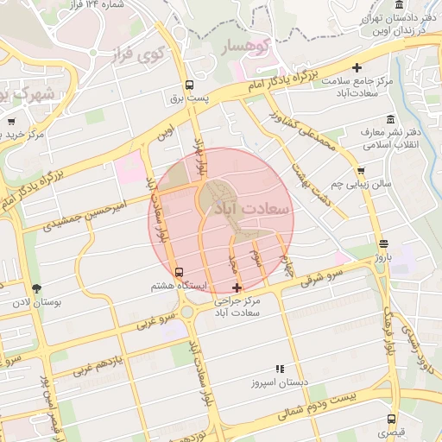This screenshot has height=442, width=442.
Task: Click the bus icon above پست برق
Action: pyautogui.click(x=189, y=85)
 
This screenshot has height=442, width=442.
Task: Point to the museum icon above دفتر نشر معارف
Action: pyautogui.click(x=391, y=118)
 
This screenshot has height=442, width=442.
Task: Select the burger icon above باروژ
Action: pyautogui.click(x=382, y=243)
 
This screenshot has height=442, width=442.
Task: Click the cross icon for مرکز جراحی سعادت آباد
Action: pyautogui.click(x=237, y=287)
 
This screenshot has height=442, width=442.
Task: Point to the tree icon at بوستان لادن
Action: pyautogui.click(x=35, y=289)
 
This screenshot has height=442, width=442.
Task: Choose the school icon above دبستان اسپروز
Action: pyautogui.click(x=279, y=368)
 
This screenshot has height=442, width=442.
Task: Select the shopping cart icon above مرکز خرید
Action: pyautogui.click(x=11, y=122)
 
